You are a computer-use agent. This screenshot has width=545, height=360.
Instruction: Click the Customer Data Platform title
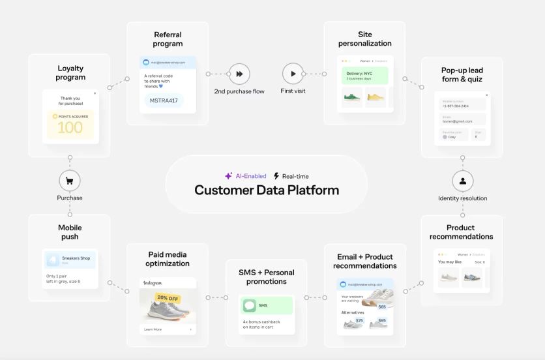pyautogui.click(x=267, y=190)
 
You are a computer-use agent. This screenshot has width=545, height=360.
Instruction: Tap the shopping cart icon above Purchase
pyautogui.click(x=70, y=181)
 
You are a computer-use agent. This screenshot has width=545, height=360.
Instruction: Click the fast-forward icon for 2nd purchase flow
pyautogui.click(x=239, y=74)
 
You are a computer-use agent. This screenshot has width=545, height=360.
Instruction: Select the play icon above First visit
pyautogui.click(x=293, y=74)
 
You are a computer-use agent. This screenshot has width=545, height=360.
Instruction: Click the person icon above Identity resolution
pyautogui.click(x=462, y=181)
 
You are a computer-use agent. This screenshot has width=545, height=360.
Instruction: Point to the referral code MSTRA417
pyautogui.click(x=164, y=101)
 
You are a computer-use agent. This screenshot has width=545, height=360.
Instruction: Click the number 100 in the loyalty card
pyautogui.click(x=70, y=127)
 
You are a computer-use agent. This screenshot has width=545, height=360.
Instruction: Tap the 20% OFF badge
pyautogui.click(x=168, y=298)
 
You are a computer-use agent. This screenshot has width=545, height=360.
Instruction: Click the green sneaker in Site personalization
pyautogui.click(x=353, y=98)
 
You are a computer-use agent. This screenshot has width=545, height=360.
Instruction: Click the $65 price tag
pyautogui.click(x=381, y=306)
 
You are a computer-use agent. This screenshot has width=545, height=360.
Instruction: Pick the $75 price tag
pyautogui.click(x=359, y=320)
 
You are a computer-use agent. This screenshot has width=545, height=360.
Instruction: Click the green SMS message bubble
pyautogui.click(x=266, y=305)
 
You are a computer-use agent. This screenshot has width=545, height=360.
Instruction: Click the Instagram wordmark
pyautogui.click(x=153, y=284)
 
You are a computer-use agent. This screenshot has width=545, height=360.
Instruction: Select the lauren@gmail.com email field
pyautogui.click(x=460, y=120)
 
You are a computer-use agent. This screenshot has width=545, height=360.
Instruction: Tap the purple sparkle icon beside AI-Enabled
pyautogui.click(x=228, y=176)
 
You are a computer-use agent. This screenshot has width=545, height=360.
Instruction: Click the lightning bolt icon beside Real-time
pyautogui.click(x=276, y=176)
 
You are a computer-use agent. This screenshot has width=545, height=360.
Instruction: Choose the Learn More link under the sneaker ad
pyautogui.click(x=153, y=329)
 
